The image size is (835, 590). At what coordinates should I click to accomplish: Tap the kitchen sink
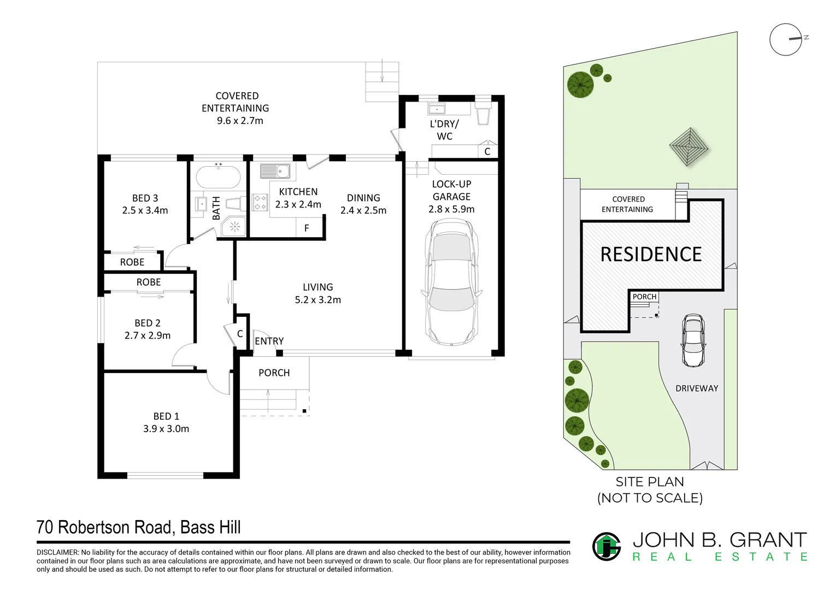coord(275,171)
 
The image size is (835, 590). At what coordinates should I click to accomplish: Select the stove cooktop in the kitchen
coord(260,203)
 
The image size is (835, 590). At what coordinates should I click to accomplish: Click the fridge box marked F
coord(307,228)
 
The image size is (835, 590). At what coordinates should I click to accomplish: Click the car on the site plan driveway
coord(693,340)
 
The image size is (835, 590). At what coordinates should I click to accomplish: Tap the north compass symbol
coord(786,39)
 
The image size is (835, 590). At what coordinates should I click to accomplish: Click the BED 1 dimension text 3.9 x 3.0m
coord(166,429)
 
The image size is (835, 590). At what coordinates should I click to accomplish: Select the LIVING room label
coord(317,287)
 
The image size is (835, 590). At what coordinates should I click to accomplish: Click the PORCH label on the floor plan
coord(274,373)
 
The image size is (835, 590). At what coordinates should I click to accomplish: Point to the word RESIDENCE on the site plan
coord(651,255)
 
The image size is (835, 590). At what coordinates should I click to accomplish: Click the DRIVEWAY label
coord(697,388)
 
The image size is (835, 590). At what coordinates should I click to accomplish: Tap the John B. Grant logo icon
coord(606,546)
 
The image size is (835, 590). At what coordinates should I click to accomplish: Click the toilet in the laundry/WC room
coord(483,115)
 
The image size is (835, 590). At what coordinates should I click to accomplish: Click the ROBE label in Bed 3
coord(132,262)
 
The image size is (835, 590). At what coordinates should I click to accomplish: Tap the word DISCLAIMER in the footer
coord(57,553)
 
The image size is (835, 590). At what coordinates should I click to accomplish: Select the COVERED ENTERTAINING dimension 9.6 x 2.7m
coord(240,121)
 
